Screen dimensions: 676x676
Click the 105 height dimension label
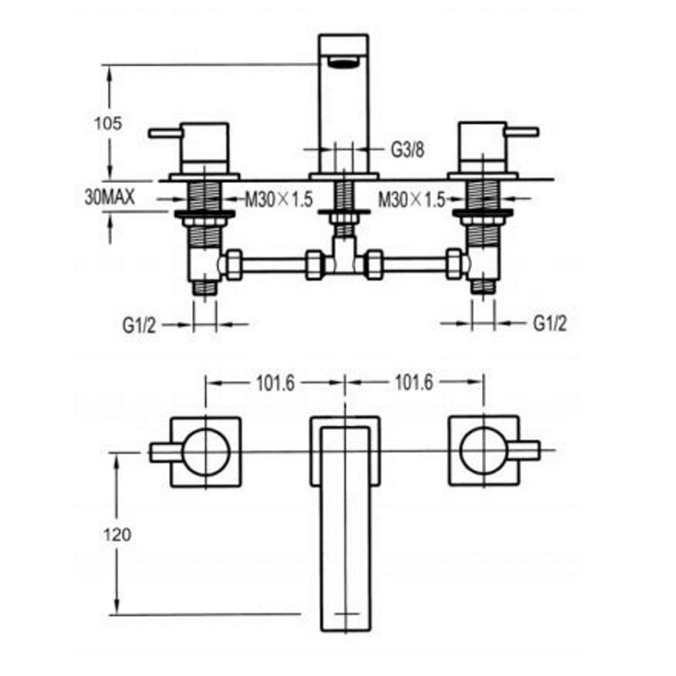click(x=108, y=123)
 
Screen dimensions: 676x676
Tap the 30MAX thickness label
click(x=110, y=197)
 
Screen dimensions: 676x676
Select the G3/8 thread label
click(x=407, y=150)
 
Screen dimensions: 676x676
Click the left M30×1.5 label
click(x=278, y=199)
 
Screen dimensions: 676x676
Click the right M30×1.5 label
click(x=411, y=199)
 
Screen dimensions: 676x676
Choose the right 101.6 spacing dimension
click(x=413, y=383)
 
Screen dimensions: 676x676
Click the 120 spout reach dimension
click(x=118, y=534)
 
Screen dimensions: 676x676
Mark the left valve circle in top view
click(x=205, y=452)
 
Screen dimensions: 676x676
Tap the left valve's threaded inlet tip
click(x=205, y=286)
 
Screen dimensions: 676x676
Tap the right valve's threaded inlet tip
click(x=483, y=286)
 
